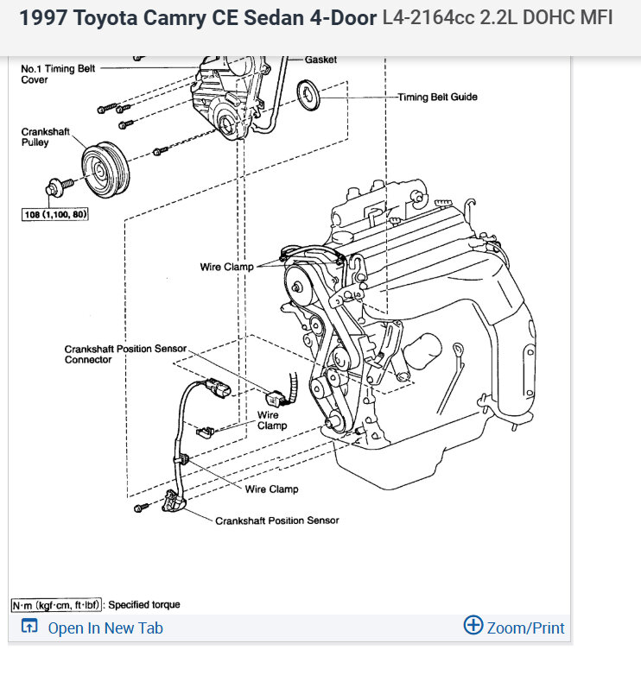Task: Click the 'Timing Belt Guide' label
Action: pyautogui.click(x=437, y=98)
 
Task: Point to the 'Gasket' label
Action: pyautogui.click(x=320, y=60)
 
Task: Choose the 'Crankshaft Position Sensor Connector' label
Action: pyautogui.click(x=124, y=354)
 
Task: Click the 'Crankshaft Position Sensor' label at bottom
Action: pyautogui.click(x=276, y=520)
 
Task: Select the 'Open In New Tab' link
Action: pyautogui.click(x=105, y=628)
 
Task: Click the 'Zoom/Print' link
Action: pyautogui.click(x=525, y=628)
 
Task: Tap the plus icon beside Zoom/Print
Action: pyautogui.click(x=473, y=626)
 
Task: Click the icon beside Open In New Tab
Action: pyautogui.click(x=29, y=628)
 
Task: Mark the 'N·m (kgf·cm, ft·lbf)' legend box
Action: pyautogui.click(x=57, y=605)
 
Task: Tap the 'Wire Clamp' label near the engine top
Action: pyautogui.click(x=226, y=267)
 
